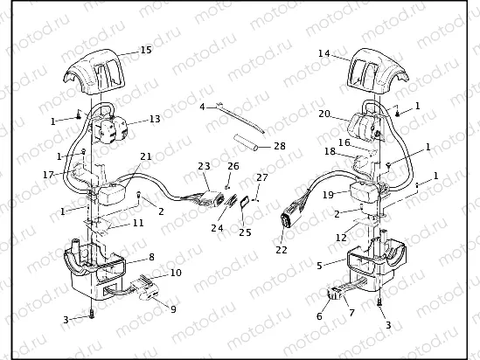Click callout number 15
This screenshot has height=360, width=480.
click(145, 52)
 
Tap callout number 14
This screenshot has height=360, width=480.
click(324, 54)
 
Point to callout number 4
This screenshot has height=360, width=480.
click(202, 107)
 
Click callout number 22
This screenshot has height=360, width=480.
click(281, 250)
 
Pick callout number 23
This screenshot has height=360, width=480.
click(204, 165)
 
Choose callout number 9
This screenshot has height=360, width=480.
click(173, 308)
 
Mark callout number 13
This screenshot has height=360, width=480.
click(155, 119)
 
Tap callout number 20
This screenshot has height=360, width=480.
click(323, 114)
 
